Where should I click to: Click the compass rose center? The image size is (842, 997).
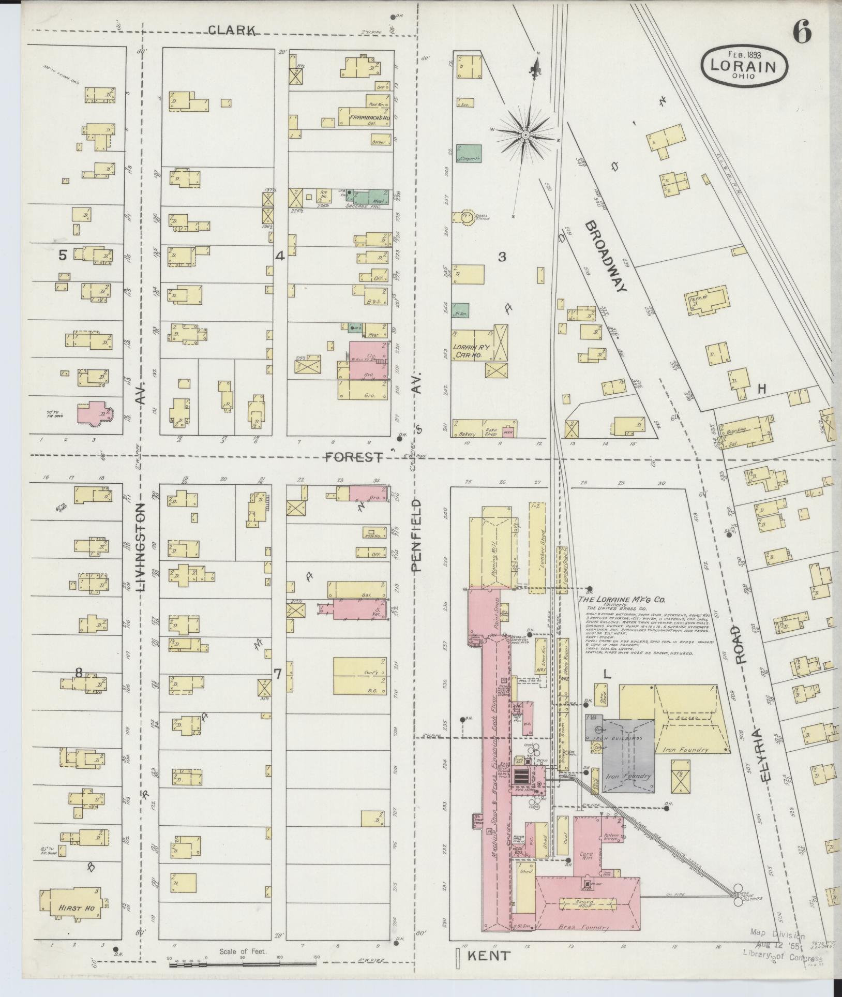(525, 135)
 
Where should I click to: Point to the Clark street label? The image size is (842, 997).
(232, 31)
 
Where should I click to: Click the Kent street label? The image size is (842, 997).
(489, 956)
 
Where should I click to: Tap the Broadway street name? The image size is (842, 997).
(606, 256)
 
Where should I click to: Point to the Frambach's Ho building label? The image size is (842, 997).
(369, 118)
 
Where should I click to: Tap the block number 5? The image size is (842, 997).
(63, 255)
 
